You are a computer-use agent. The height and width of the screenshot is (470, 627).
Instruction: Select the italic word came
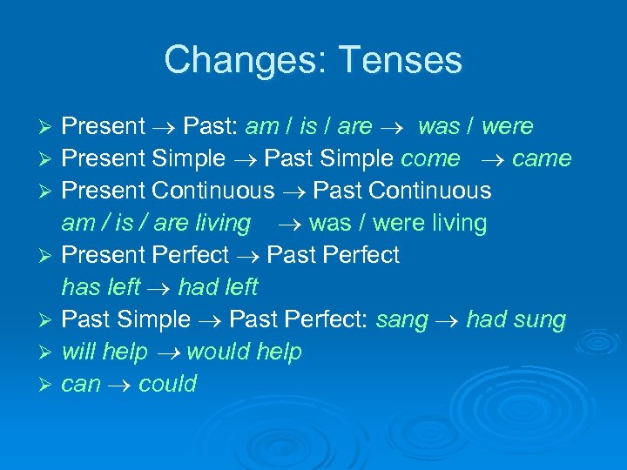tap(542, 158)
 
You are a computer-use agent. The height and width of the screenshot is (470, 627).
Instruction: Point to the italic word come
tap(430, 158)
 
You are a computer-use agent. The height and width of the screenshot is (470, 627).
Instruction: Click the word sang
tap(401, 319)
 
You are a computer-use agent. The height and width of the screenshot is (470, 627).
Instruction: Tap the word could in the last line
tap(167, 384)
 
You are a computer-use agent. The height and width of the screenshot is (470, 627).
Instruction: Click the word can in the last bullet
tap(81, 384)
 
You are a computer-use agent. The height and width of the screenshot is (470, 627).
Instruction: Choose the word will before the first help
tap(78, 352)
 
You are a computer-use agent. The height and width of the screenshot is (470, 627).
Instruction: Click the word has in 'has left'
tap(79, 286)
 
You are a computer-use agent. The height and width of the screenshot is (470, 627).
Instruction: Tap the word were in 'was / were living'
tap(399, 223)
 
